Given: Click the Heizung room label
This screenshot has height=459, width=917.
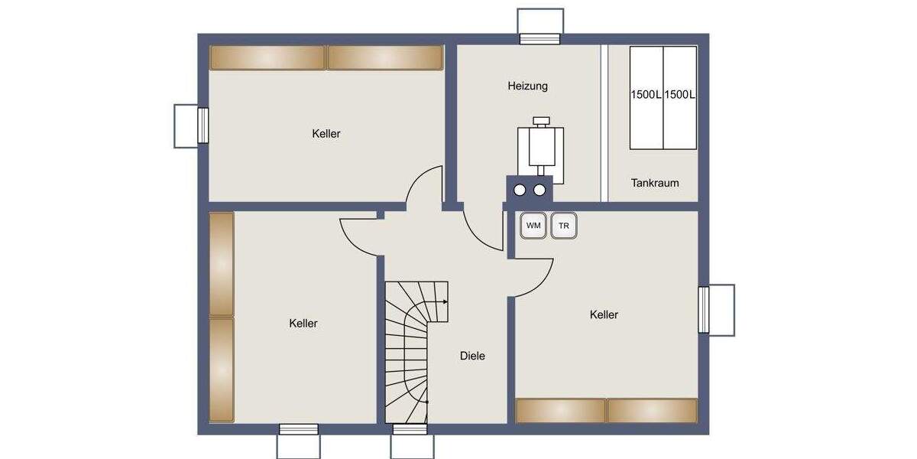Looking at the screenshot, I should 527,86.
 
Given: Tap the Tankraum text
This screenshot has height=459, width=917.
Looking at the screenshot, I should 655,183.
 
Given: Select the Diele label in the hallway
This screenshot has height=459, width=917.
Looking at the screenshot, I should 472,356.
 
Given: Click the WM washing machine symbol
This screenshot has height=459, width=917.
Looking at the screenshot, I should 533,226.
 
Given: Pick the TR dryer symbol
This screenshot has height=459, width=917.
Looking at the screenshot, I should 564,226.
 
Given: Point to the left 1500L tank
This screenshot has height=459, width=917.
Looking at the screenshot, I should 646,97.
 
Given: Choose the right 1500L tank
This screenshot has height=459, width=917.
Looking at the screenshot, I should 679,97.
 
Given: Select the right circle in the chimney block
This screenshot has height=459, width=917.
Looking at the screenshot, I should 540,190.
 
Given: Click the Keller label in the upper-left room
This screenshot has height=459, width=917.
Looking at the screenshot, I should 326,134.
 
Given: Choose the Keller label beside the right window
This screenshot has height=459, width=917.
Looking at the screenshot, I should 604,314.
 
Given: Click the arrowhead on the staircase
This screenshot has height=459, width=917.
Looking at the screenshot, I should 445,301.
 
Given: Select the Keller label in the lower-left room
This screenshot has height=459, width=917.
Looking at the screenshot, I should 303,324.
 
